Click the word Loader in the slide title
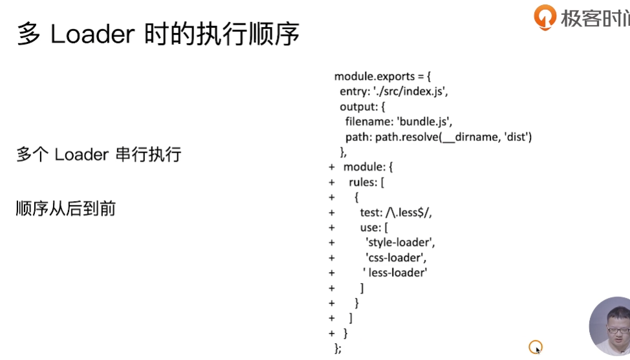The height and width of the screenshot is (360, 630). click(92, 34)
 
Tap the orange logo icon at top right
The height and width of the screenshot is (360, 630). click(545, 17)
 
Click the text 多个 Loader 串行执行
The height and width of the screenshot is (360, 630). click(99, 154)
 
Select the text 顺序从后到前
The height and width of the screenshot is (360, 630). click(66, 209)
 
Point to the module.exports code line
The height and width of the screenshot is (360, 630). click(382, 76)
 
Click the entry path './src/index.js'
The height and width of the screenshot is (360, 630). click(410, 92)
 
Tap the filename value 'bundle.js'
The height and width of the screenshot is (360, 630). click(424, 122)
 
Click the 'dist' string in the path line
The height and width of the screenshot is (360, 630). click(517, 137)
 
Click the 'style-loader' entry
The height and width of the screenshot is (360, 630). click(400, 243)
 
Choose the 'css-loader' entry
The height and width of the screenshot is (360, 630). click(396, 258)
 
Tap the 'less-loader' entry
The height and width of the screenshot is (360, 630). click(395, 273)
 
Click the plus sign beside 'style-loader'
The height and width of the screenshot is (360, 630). click(331, 243)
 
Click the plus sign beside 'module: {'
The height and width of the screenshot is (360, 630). click(331, 167)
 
